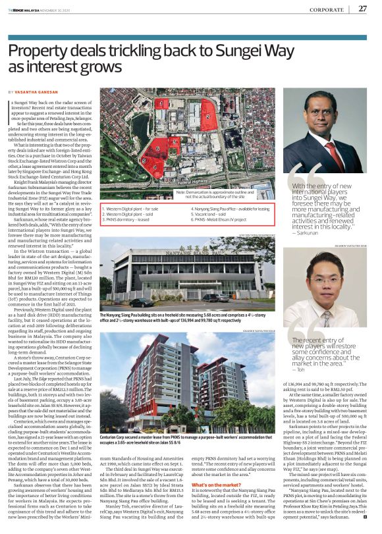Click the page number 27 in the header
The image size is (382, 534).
[363, 8]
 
